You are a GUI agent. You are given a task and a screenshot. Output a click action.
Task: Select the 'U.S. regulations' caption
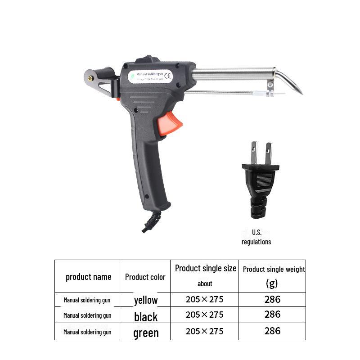click(x=256, y=237)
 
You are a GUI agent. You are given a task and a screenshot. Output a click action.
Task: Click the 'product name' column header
click(x=88, y=277)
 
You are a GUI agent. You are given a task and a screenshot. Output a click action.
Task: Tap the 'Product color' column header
click(x=145, y=277)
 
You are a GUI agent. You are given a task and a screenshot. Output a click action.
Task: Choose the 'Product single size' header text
click(x=206, y=268)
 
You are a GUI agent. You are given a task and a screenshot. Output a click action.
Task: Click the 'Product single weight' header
click(x=274, y=269)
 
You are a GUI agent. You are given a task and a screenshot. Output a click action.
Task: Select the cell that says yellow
click(x=146, y=300)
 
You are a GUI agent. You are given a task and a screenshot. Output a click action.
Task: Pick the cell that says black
click(x=146, y=317)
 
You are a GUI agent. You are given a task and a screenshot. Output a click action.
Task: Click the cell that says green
click(x=146, y=333)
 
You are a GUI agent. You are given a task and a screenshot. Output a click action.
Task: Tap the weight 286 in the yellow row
click(x=272, y=299)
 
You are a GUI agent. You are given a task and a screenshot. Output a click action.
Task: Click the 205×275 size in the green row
click(x=204, y=331)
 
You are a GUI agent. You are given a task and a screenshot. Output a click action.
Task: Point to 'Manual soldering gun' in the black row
click(x=87, y=315)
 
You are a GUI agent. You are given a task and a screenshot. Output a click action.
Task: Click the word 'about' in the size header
click(x=205, y=283)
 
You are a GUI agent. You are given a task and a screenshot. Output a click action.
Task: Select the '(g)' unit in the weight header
click(x=272, y=283)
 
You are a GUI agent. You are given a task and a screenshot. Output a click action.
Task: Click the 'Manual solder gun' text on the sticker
click(x=149, y=72)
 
